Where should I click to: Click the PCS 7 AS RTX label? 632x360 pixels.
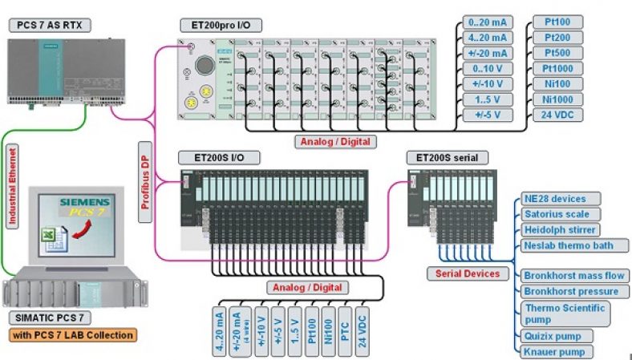[50, 26]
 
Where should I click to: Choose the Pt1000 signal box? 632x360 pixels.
[557, 68]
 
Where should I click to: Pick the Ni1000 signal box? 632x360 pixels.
[557, 99]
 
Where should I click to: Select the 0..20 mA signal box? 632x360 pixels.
[487, 22]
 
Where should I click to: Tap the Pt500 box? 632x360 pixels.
[557, 53]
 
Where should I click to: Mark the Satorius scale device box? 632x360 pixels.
[557, 214]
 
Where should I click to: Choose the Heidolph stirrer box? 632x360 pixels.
[557, 229]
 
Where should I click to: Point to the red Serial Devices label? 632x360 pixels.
[468, 273]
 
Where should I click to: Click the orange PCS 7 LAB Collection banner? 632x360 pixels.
[72, 334]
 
